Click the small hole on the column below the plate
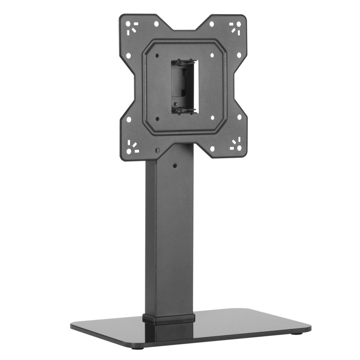click(x=175, y=166)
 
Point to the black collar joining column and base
click(x=169, y=319)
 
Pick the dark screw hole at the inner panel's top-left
click(x=157, y=55)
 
